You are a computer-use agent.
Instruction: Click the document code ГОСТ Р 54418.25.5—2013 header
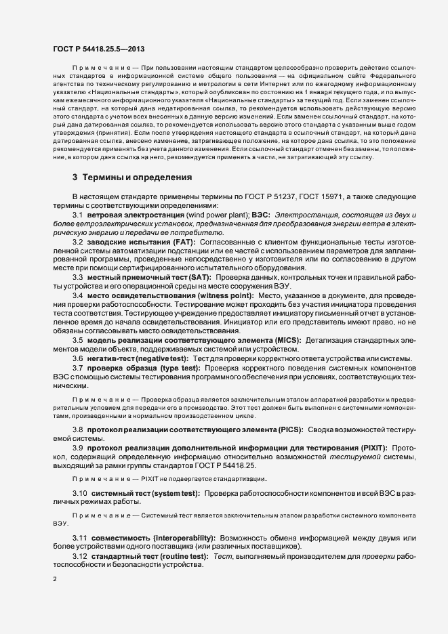[x=98, y=48]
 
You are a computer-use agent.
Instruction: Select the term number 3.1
[x=78, y=214]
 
